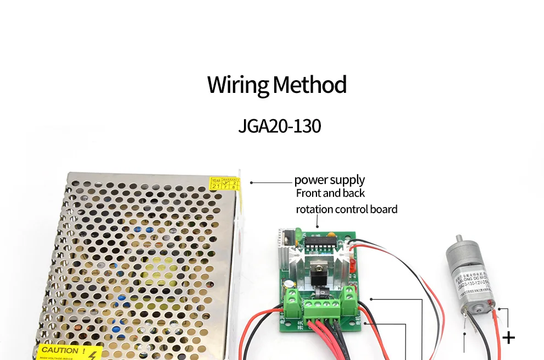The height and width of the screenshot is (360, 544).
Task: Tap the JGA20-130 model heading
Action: pos(279,126)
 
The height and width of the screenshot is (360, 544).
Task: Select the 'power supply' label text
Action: pos(329,180)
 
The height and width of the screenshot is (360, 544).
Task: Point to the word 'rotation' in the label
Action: pos(314,209)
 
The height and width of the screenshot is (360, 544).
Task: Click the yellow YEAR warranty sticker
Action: pos(225,184)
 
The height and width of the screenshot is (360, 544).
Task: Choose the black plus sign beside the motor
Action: pos(509,337)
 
